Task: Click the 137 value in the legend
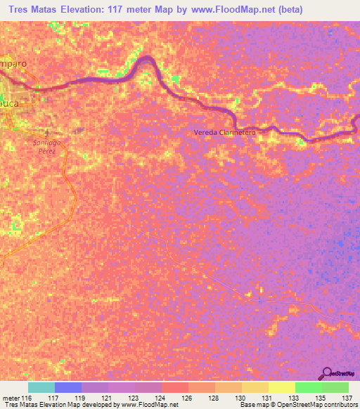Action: pyautogui.click(x=346, y=398)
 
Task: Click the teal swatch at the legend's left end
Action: pyautogui.click(x=41, y=387)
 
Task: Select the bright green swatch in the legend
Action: pyautogui.click(x=309, y=387)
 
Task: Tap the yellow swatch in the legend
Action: pyautogui.click(x=282, y=387)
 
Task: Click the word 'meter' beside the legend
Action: pyautogui.click(x=11, y=398)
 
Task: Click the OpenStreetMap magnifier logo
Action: pyautogui.click(x=327, y=373)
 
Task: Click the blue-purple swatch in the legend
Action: pyautogui.click(x=68, y=387)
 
